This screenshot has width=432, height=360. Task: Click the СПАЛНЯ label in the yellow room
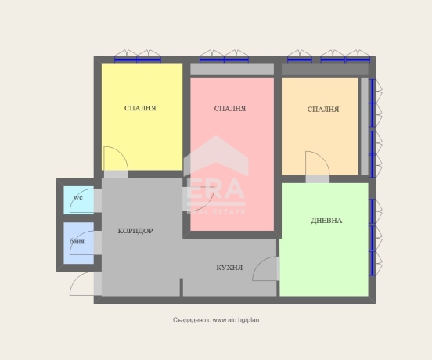[x=140, y=108]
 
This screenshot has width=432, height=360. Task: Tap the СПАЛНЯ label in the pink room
[x=230, y=109]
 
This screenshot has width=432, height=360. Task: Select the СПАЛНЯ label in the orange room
[x=323, y=110]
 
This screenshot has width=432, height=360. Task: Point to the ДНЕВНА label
[x=326, y=221]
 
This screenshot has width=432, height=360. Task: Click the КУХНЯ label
[x=229, y=268]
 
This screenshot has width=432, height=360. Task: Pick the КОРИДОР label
[x=135, y=231]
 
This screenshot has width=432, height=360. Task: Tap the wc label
[x=78, y=197]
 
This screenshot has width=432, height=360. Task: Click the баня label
[x=77, y=241]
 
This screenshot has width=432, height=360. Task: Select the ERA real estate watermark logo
[x=216, y=175]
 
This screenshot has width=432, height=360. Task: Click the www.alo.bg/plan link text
[x=236, y=320]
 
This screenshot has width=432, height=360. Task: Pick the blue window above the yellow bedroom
[x=138, y=59]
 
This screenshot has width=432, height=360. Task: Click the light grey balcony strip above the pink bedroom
[x=232, y=70]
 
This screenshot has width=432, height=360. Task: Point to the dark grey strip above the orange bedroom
[x=325, y=70]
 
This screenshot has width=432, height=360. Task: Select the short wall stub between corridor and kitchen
[x=182, y=287]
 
